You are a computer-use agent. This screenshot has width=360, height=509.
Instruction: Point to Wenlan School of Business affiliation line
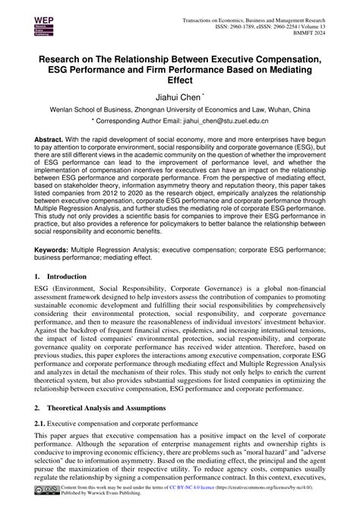coord(179,109)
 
